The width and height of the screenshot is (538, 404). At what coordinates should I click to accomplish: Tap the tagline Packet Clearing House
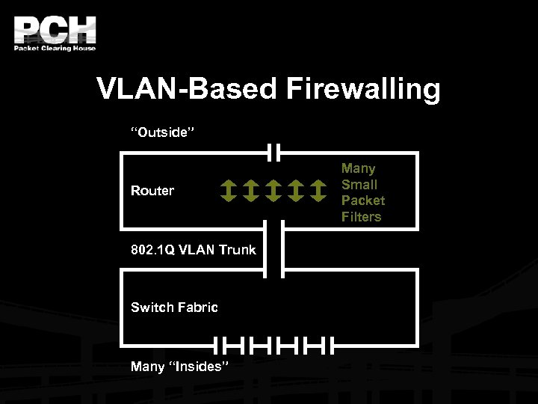(55, 49)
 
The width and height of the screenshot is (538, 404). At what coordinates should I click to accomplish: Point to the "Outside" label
(163, 132)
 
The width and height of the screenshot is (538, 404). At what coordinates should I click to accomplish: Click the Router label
(152, 191)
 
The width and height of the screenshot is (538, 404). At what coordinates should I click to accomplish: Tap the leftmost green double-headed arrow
(229, 191)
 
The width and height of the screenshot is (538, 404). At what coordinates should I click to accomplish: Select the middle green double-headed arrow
(273, 191)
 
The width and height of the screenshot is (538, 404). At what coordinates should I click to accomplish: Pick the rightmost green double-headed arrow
(319, 191)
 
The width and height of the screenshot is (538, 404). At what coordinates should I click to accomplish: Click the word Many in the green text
(359, 169)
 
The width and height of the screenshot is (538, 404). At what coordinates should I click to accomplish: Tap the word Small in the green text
(359, 185)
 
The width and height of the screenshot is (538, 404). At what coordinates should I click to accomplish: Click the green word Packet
(363, 201)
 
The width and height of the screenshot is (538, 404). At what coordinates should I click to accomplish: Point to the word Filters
(362, 217)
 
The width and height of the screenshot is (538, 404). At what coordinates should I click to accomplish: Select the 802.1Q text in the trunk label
(153, 250)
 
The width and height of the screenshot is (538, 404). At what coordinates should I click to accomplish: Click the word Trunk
(237, 250)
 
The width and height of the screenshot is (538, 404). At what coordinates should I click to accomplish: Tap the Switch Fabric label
(174, 307)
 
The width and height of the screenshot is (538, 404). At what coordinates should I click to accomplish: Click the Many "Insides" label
(180, 367)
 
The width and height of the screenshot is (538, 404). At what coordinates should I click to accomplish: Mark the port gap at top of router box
(274, 153)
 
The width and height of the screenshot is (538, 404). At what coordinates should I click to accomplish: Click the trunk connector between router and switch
(274, 249)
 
